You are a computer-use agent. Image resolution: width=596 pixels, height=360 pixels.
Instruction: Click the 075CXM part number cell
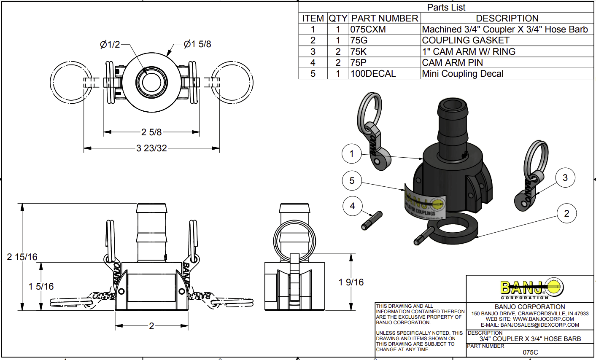(368, 30)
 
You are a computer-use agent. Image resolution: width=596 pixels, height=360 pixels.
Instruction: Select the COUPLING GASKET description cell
(466, 40)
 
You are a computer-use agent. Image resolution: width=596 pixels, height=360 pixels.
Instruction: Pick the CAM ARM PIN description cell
(453, 63)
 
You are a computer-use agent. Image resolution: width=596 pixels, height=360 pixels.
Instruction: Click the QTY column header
(338, 19)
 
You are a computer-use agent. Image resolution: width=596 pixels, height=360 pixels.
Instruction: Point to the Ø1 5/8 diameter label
(197, 44)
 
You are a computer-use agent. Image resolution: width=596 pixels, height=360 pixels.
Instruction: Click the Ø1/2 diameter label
(110, 44)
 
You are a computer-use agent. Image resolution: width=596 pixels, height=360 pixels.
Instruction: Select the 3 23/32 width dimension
(151, 148)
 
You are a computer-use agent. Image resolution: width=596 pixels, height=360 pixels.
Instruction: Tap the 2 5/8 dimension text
(151, 132)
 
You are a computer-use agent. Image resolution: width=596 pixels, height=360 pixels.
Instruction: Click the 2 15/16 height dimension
(22, 257)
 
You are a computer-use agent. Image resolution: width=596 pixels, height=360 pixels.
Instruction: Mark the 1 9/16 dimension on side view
(351, 282)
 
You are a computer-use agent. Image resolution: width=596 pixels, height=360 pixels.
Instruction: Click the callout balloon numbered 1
(352, 154)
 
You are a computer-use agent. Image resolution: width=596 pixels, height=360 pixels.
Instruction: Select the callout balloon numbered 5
(352, 181)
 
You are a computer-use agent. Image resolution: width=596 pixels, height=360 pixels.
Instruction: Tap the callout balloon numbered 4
(352, 206)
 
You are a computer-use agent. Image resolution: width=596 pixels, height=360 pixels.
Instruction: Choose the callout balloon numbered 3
(565, 178)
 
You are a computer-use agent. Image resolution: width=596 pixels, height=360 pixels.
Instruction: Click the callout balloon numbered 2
(566, 214)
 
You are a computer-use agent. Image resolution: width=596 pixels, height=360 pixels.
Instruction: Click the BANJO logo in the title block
(531, 288)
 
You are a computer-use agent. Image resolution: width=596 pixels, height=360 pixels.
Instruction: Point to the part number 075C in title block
(530, 352)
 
